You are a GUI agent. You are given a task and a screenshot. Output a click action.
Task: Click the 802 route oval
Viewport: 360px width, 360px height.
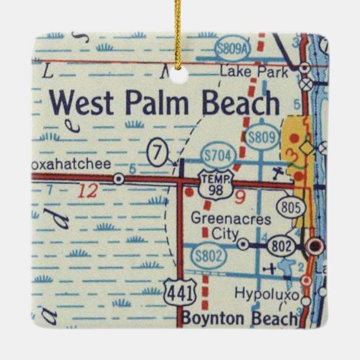coord(279,244)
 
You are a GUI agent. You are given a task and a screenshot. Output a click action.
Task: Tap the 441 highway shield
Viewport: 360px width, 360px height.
coord(176,290)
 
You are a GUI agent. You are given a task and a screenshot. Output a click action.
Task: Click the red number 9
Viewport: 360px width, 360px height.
coord(241,196)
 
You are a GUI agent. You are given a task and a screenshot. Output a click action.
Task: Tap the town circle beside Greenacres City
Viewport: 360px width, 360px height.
coord(243,244)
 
